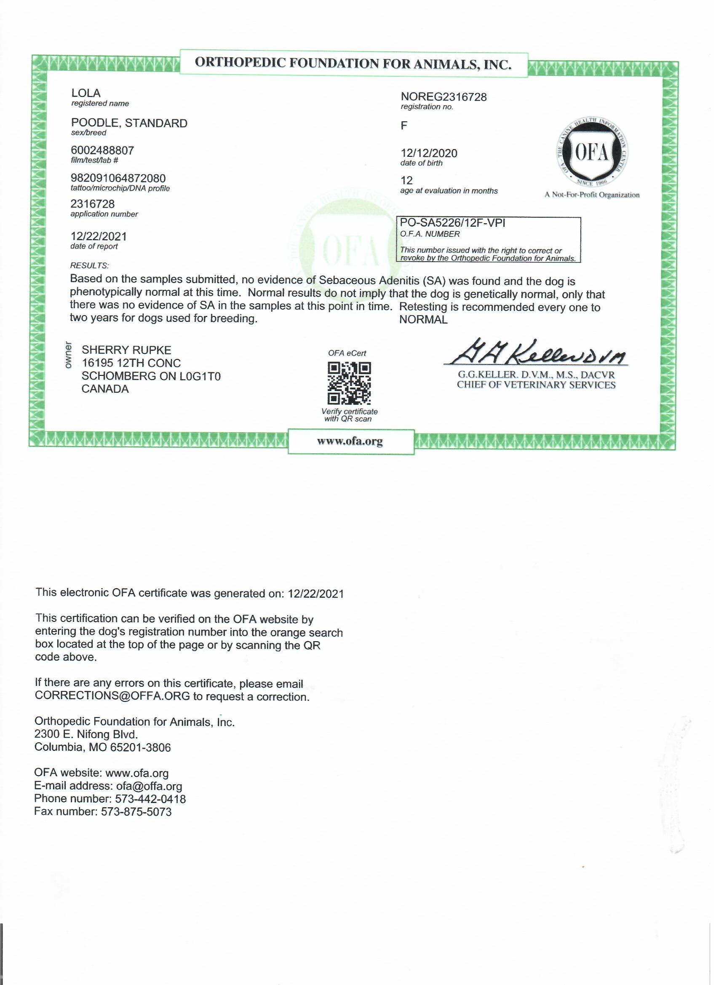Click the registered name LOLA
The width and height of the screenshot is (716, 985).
click(85, 93)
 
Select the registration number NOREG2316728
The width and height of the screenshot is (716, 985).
click(443, 97)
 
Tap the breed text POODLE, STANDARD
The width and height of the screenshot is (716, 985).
click(129, 123)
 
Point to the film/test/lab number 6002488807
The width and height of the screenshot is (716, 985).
click(102, 151)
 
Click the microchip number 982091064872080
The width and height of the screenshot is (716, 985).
click(118, 179)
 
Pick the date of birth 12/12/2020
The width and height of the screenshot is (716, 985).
click(429, 153)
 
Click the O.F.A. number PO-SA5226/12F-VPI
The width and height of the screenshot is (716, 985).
click(452, 223)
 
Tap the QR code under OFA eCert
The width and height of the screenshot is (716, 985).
click(349, 383)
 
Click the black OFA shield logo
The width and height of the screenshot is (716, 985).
click(592, 153)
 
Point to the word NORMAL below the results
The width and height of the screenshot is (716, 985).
click(423, 320)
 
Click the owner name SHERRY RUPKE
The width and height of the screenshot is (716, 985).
click(126, 350)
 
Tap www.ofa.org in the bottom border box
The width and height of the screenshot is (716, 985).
click(350, 441)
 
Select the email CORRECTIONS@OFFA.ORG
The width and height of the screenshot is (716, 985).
click(112, 696)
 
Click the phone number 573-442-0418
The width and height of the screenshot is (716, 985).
click(150, 799)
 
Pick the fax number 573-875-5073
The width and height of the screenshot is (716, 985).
click(136, 812)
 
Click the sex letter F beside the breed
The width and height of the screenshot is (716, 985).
click(404, 126)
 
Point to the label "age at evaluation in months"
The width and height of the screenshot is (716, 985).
click(449, 191)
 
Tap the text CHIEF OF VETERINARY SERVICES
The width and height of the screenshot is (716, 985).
click(536, 385)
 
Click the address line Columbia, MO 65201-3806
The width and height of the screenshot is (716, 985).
click(102, 747)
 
